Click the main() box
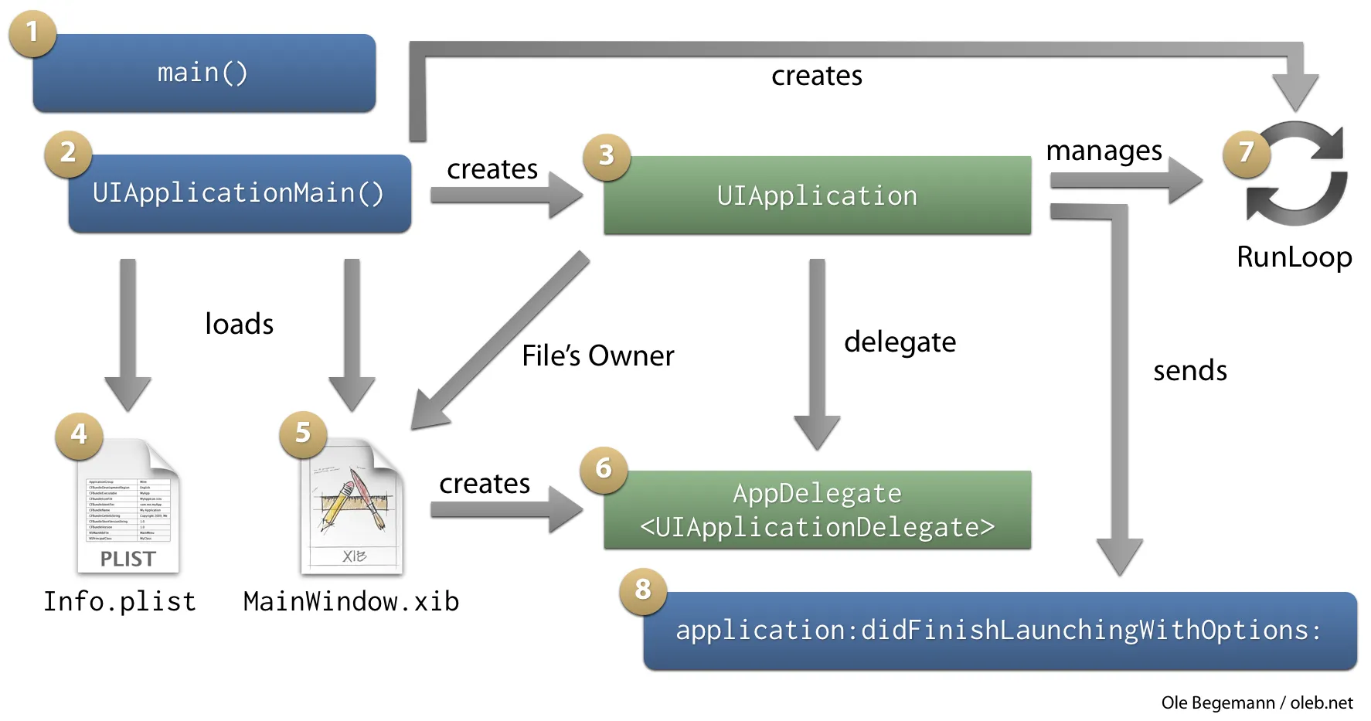pyautogui.click(x=204, y=73)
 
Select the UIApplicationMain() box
pyautogui.click(x=240, y=193)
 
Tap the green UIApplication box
pyautogui.click(x=817, y=196)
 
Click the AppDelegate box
pyautogui.click(x=817, y=510)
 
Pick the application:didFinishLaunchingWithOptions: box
pyautogui.click(x=999, y=631)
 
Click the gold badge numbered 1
pyautogui.click(x=32, y=33)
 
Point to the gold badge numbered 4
pyautogui.click(x=79, y=435)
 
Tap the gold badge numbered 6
pyautogui.click(x=604, y=469)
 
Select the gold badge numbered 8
pyautogui.click(x=643, y=590)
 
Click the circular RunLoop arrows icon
pyautogui.click(x=1297, y=175)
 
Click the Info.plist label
pyautogui.click(x=120, y=602)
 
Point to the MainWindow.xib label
pyautogui.click(x=351, y=602)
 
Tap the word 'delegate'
pyautogui.click(x=900, y=342)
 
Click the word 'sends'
pyautogui.click(x=1189, y=372)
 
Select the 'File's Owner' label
pyautogui.click(x=597, y=356)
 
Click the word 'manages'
pyautogui.click(x=1104, y=151)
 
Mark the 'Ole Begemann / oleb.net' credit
pyautogui.click(x=1257, y=703)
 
